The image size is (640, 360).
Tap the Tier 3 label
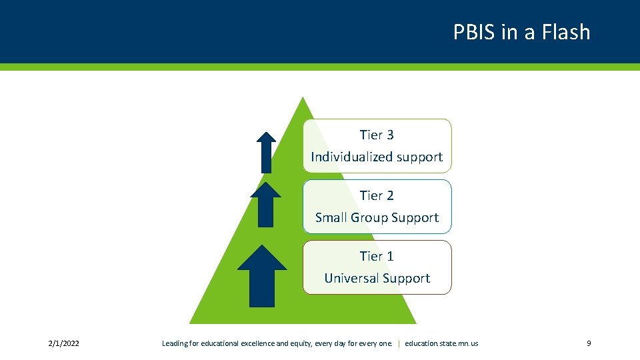[377, 135]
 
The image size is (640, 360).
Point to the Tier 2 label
[377, 195]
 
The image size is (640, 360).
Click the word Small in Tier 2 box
[331, 218]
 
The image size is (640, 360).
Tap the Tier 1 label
[377, 256]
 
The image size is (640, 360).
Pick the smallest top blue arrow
[266, 151]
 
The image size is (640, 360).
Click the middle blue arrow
[265, 205]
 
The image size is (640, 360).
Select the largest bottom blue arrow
[262, 275]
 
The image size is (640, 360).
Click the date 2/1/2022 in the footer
[64, 343]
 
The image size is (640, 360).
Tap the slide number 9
[589, 343]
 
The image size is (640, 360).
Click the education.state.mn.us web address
[441, 343]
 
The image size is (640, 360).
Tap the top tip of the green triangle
[303, 99]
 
